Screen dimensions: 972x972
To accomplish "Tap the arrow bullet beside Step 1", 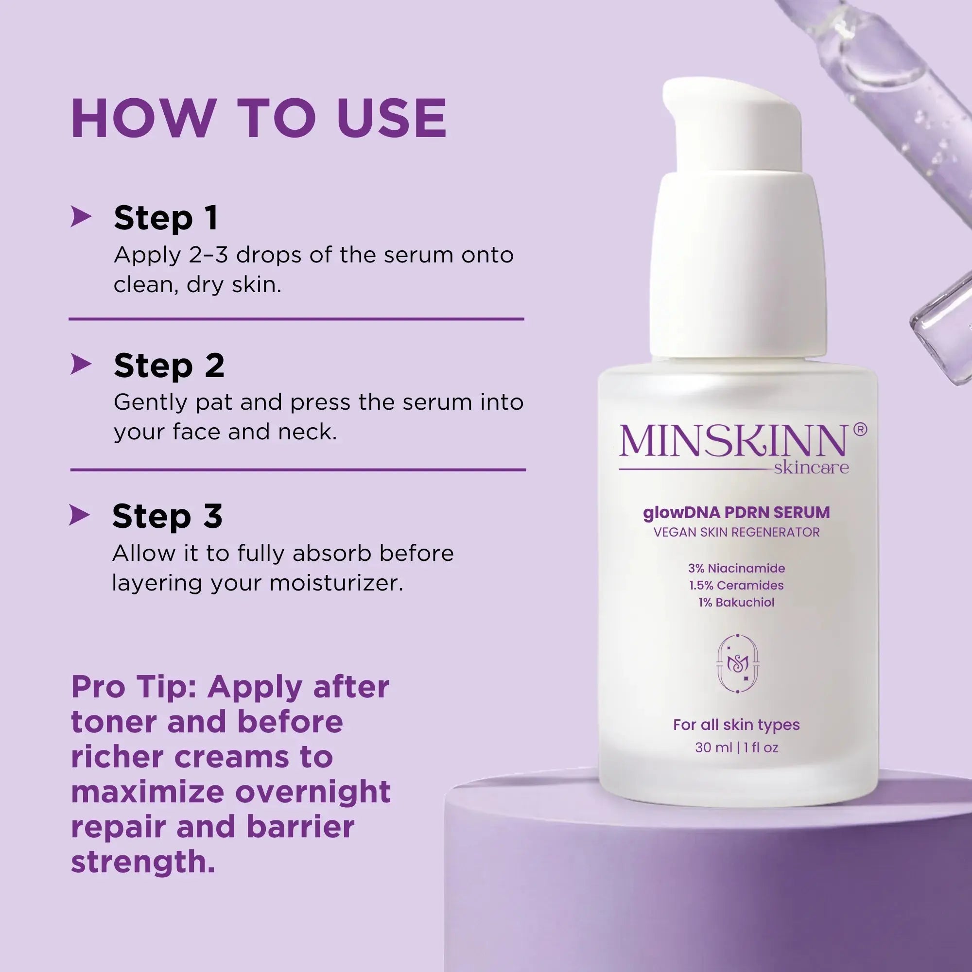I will pyautogui.click(x=81, y=216).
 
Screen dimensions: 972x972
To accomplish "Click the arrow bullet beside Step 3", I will pyautogui.click(x=79, y=515).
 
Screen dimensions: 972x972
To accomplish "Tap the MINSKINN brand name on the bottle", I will pyautogui.click(x=732, y=441).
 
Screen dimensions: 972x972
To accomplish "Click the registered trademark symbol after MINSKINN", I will pyautogui.click(x=860, y=429).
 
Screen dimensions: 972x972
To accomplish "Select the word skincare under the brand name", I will pyautogui.click(x=811, y=468).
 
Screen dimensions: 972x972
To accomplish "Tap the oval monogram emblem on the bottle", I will pyautogui.click(x=738, y=663).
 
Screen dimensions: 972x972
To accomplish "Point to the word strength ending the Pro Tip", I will pyautogui.click(x=143, y=862).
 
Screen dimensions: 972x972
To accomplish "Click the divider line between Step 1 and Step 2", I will pyautogui.click(x=296, y=319).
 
